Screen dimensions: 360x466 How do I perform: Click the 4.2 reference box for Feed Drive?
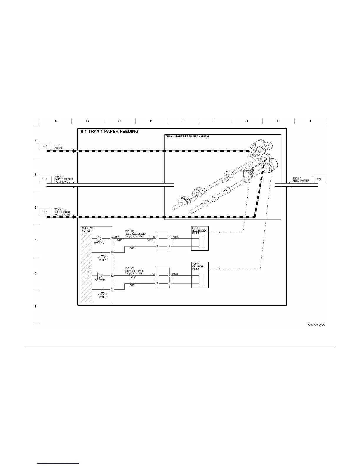(x=45, y=146)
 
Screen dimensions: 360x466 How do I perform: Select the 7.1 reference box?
(x=45, y=179)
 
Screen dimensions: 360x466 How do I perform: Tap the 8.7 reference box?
(x=45, y=212)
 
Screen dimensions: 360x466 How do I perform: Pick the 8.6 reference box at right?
(x=319, y=179)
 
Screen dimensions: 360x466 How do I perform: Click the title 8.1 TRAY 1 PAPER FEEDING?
(x=110, y=132)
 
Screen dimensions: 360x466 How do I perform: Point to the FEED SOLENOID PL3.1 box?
(x=200, y=238)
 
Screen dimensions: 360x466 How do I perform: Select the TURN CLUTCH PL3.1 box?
(x=200, y=275)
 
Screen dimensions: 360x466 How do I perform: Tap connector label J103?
(x=152, y=237)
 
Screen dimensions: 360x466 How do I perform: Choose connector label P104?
(x=175, y=274)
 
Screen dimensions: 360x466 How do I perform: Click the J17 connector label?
(x=117, y=237)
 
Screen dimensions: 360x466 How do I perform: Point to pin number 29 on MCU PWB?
(x=112, y=252)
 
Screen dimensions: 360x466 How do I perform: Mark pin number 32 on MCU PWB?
(x=112, y=276)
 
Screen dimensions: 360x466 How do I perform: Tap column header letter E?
(x=183, y=121)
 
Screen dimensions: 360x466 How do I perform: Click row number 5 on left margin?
(x=36, y=274)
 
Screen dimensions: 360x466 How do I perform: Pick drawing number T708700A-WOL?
(x=315, y=325)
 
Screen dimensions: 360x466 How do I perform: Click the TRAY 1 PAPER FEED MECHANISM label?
(x=187, y=137)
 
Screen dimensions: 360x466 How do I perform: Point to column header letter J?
(x=310, y=121)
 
